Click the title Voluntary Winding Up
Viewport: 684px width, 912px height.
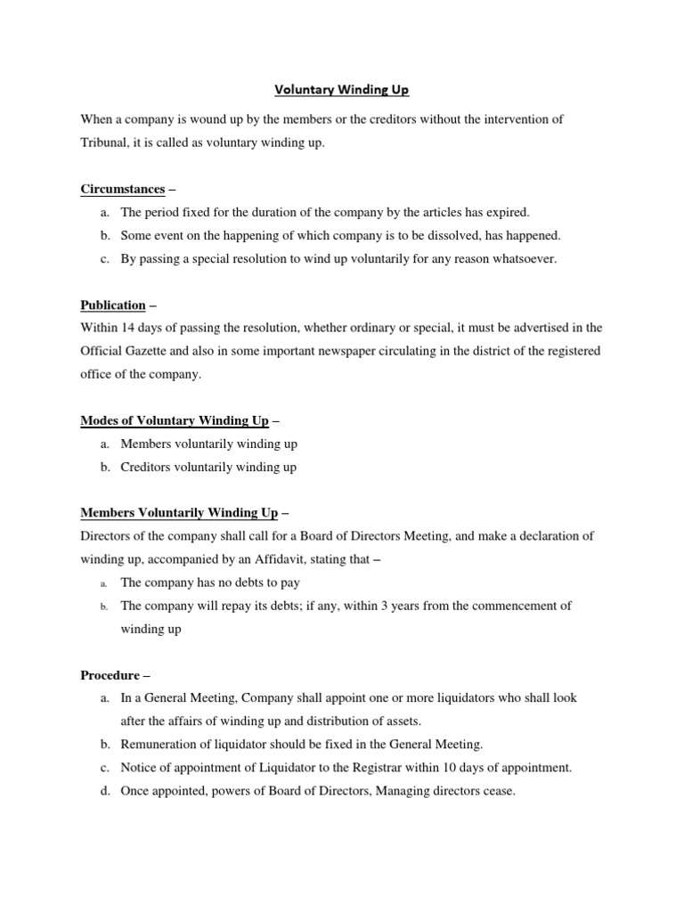pos(340,90)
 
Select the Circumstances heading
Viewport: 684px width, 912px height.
pos(123,189)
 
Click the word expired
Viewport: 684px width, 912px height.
pos(507,212)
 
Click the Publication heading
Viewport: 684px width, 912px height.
pos(113,305)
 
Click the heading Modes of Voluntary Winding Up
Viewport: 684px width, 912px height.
pos(175,420)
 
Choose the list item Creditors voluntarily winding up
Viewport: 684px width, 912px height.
pos(208,467)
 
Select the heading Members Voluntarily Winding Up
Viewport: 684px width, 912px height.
pos(179,513)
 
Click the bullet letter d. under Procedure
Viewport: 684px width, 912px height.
pos(105,791)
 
